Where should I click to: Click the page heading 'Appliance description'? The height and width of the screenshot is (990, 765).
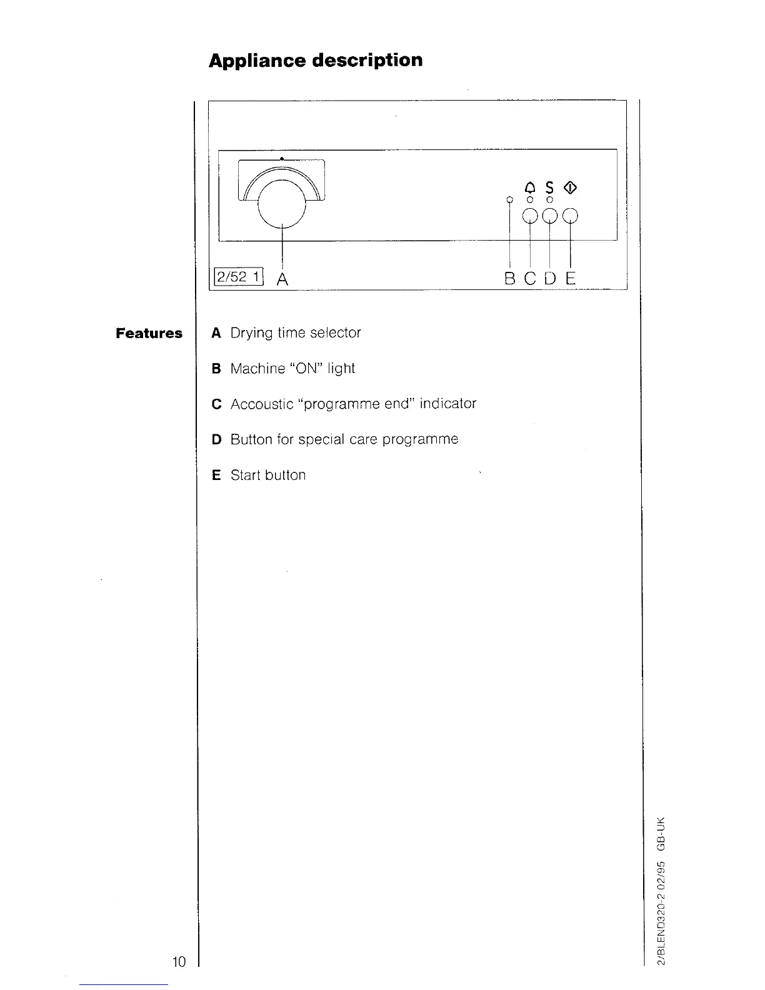click(316, 61)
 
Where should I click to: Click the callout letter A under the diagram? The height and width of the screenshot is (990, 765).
click(282, 279)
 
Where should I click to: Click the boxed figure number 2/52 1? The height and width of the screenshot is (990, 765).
click(239, 276)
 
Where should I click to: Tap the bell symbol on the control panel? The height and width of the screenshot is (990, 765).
click(530, 187)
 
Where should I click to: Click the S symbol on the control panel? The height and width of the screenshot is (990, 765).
click(549, 187)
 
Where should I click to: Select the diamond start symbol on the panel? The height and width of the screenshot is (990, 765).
click(569, 187)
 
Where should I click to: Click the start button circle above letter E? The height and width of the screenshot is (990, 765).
click(571, 216)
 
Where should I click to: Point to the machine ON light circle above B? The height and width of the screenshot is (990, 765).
click(509, 199)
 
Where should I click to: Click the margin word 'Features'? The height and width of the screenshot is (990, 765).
click(149, 333)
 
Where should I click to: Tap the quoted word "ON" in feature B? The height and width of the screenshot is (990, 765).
click(306, 368)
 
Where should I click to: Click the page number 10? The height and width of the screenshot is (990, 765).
click(179, 962)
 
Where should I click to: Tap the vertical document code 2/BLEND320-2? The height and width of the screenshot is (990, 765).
click(661, 924)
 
